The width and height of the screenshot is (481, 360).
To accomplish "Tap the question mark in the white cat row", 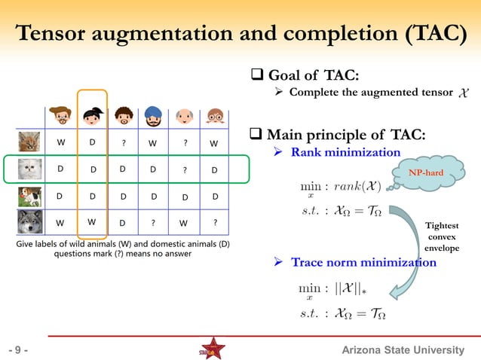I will (185, 170).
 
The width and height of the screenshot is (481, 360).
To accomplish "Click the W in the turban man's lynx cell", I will (153, 142).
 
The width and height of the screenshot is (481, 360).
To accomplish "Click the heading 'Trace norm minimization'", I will (363, 263).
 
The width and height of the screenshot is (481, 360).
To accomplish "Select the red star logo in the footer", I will (212, 349).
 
